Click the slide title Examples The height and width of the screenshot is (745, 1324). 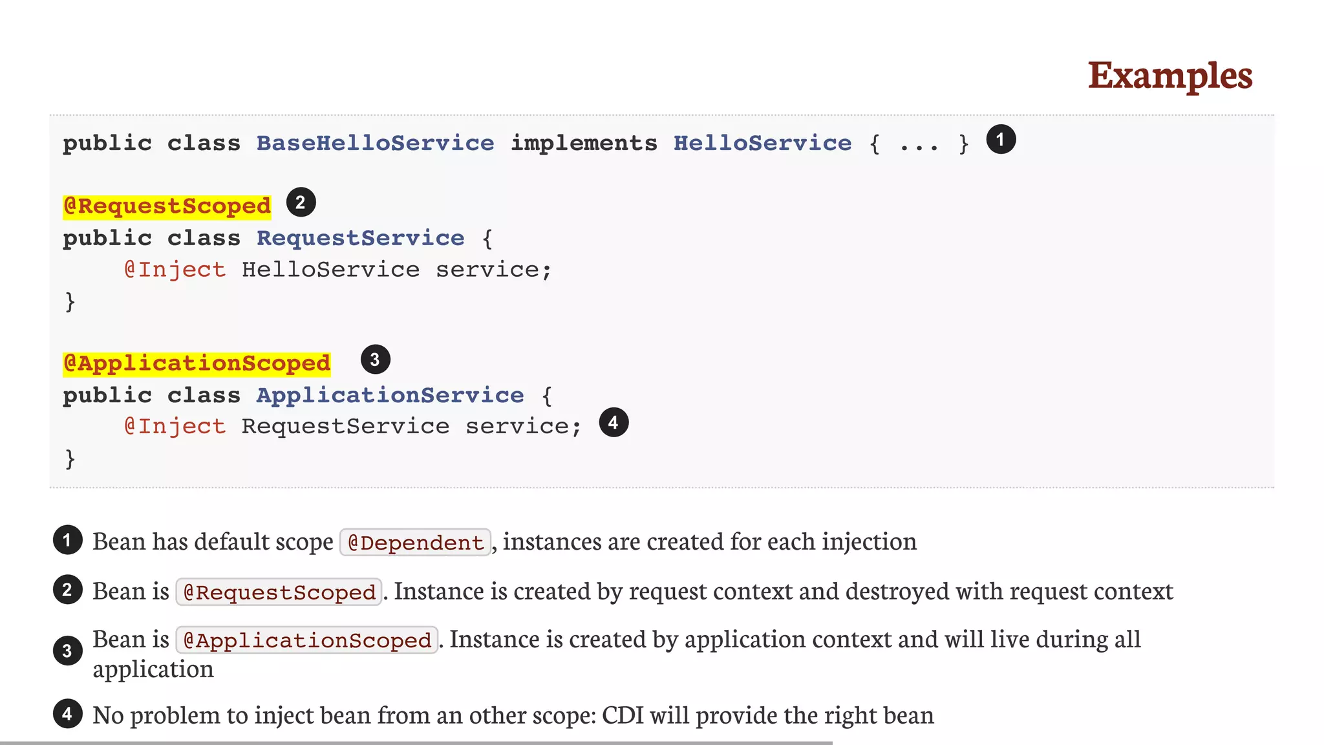pyautogui.click(x=1169, y=76)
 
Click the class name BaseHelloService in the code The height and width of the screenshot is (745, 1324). pyautogui.click(x=375, y=143)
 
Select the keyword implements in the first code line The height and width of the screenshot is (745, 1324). pyautogui.click(x=584, y=143)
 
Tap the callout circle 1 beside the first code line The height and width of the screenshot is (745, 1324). pyautogui.click(x=1001, y=140)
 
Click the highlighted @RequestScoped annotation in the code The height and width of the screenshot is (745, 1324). pyautogui.click(x=167, y=206)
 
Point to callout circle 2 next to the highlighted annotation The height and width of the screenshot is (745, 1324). pyautogui.click(x=301, y=202)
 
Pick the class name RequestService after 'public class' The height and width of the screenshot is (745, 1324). pyautogui.click(x=360, y=239)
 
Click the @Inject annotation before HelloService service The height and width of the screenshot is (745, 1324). pyautogui.click(x=175, y=270)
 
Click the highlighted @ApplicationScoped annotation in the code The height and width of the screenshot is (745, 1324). pyautogui.click(x=197, y=363)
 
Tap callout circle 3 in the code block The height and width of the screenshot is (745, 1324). pyautogui.click(x=375, y=360)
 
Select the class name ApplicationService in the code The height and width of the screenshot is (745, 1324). pyautogui.click(x=390, y=395)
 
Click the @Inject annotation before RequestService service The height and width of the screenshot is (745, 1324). pyautogui.click(x=175, y=427)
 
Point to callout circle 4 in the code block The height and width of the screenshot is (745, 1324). pyautogui.click(x=614, y=423)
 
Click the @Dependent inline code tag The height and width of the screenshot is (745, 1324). pyautogui.click(x=415, y=543)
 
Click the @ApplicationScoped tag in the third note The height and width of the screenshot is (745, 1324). pyautogui.click(x=306, y=640)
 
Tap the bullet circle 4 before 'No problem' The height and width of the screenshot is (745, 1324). pyautogui.click(x=67, y=715)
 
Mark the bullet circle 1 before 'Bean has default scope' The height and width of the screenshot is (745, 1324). pyautogui.click(x=67, y=541)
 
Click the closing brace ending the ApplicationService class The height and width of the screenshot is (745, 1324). pyautogui.click(x=70, y=459)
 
